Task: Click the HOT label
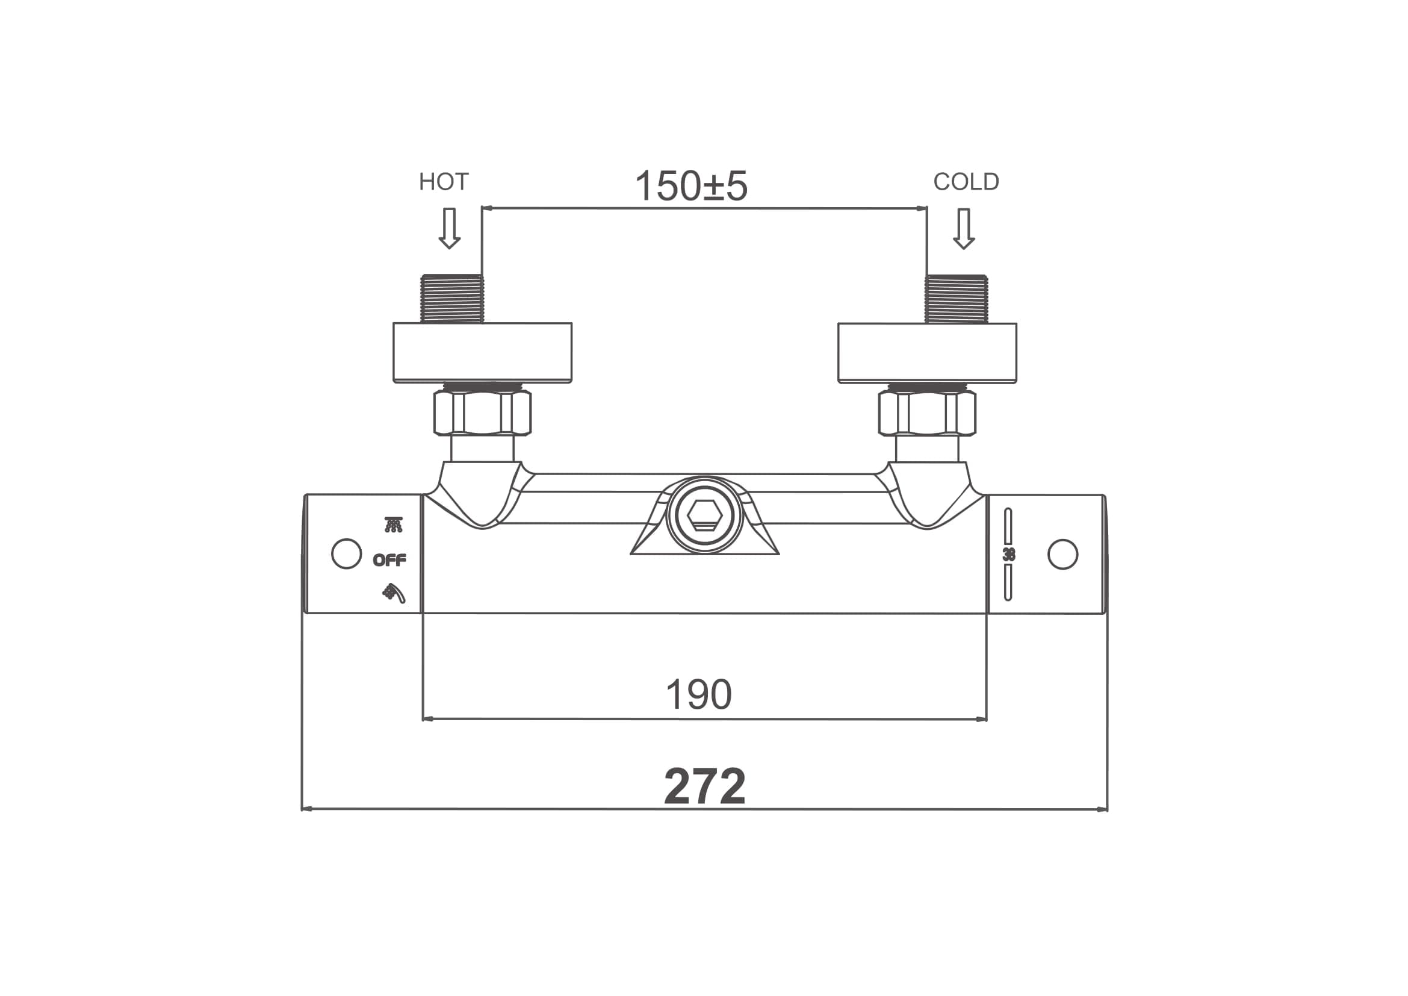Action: [x=444, y=181]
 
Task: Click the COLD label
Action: [x=966, y=181]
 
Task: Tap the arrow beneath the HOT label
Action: [x=450, y=228]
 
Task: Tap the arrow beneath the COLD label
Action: [x=964, y=229]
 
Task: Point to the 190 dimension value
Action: [x=698, y=694]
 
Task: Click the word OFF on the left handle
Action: [x=389, y=560]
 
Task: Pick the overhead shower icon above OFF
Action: [x=394, y=525]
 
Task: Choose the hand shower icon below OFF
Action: [x=394, y=593]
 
